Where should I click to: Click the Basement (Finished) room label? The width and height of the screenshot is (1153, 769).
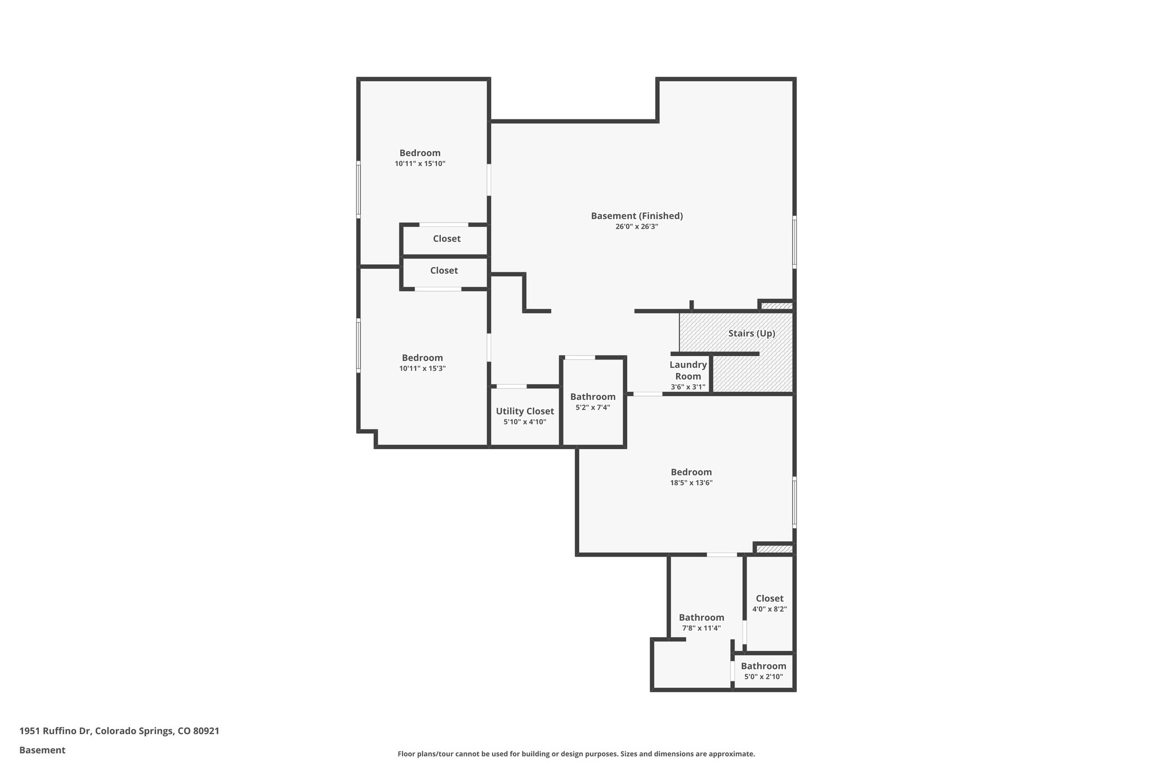coord(637,216)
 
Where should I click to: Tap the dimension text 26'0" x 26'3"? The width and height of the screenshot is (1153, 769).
coord(637,226)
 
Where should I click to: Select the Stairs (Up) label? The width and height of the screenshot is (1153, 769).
coord(751,334)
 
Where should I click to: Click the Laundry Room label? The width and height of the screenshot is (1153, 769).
coord(688,371)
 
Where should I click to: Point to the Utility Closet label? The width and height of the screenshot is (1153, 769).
coord(525,411)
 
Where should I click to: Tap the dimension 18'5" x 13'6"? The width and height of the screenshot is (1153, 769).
coord(691,483)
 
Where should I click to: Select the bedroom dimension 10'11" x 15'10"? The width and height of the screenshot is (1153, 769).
coord(420,164)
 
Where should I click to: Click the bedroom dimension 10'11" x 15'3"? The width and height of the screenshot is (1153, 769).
coord(422,368)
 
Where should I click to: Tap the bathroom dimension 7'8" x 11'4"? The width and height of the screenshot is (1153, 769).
coord(701,628)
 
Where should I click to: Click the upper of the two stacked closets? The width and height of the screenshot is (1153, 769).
coord(446,239)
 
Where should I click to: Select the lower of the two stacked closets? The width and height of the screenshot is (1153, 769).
coord(444,271)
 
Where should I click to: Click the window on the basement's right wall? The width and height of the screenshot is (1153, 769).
coord(794,242)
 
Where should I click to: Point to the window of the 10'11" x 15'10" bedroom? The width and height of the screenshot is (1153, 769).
coord(359,190)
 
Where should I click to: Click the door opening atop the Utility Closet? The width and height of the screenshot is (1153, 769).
coord(512,386)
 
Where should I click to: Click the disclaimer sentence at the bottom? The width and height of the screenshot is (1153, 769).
coord(576,754)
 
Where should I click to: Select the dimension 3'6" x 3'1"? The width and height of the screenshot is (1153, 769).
coord(688,387)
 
